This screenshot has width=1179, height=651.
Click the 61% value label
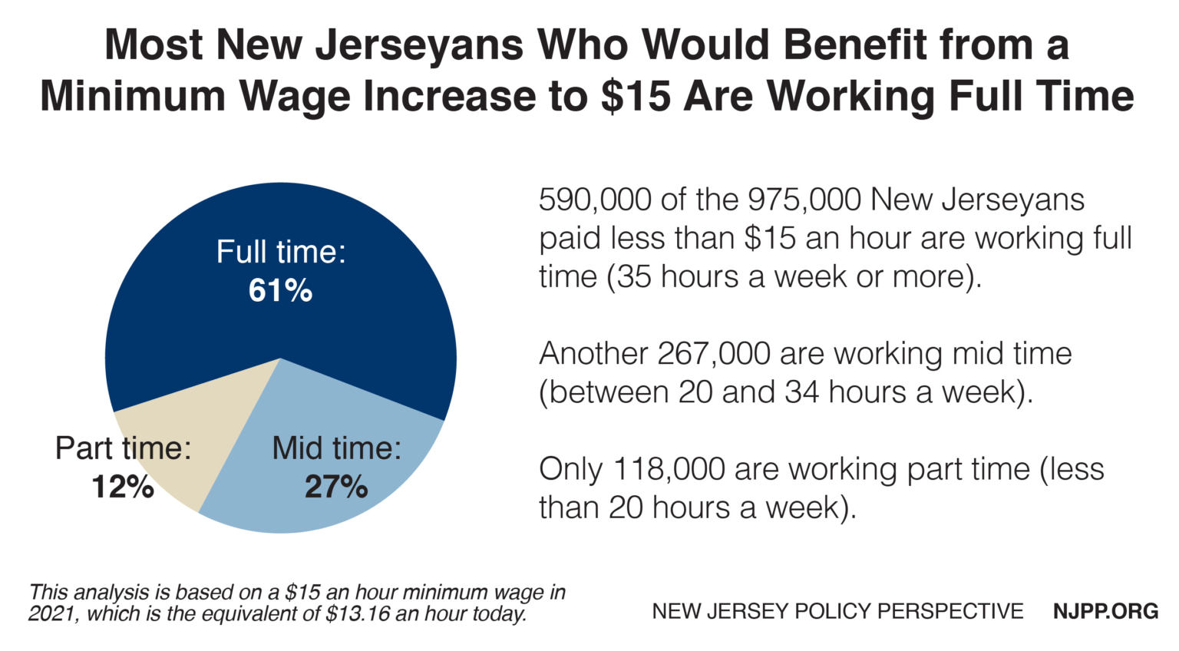280,291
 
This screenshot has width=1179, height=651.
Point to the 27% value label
336,487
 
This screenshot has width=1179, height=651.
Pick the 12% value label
123,487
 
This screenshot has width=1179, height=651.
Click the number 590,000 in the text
595,200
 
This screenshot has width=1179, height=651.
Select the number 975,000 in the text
804,200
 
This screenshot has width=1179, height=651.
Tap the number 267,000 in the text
714,354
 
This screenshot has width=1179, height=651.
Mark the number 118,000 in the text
669,469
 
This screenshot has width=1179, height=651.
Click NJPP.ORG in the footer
1105,611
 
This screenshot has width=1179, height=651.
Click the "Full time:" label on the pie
281,253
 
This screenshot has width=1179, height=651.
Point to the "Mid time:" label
336,448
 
